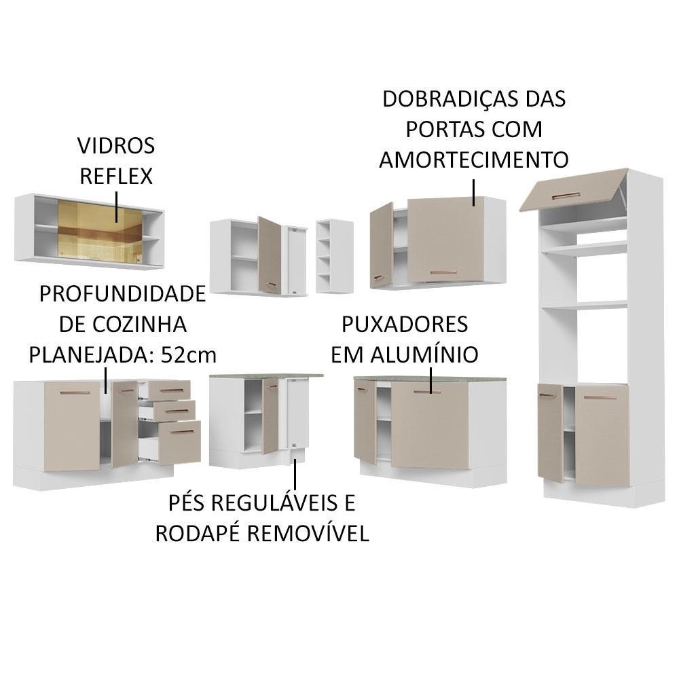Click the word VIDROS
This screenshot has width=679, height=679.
[116, 145]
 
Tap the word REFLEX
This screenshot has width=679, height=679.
[116, 177]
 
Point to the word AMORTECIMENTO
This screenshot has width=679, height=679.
[474, 160]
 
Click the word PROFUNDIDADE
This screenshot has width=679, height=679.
[122, 294]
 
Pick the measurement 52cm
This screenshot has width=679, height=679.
[188, 355]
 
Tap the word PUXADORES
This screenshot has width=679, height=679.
[405, 325]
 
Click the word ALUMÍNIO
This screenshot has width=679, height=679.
[424, 354]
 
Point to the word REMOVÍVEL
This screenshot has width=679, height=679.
[308, 533]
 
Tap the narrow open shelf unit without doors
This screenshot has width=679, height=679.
[334, 257]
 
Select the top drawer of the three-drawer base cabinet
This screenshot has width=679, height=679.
[169, 390]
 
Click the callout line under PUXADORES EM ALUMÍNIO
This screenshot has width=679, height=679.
[431, 381]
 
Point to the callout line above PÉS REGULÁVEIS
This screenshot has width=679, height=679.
[295, 474]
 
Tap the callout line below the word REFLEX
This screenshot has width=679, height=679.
[117, 206]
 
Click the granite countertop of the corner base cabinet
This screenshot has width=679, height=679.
[266, 376]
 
